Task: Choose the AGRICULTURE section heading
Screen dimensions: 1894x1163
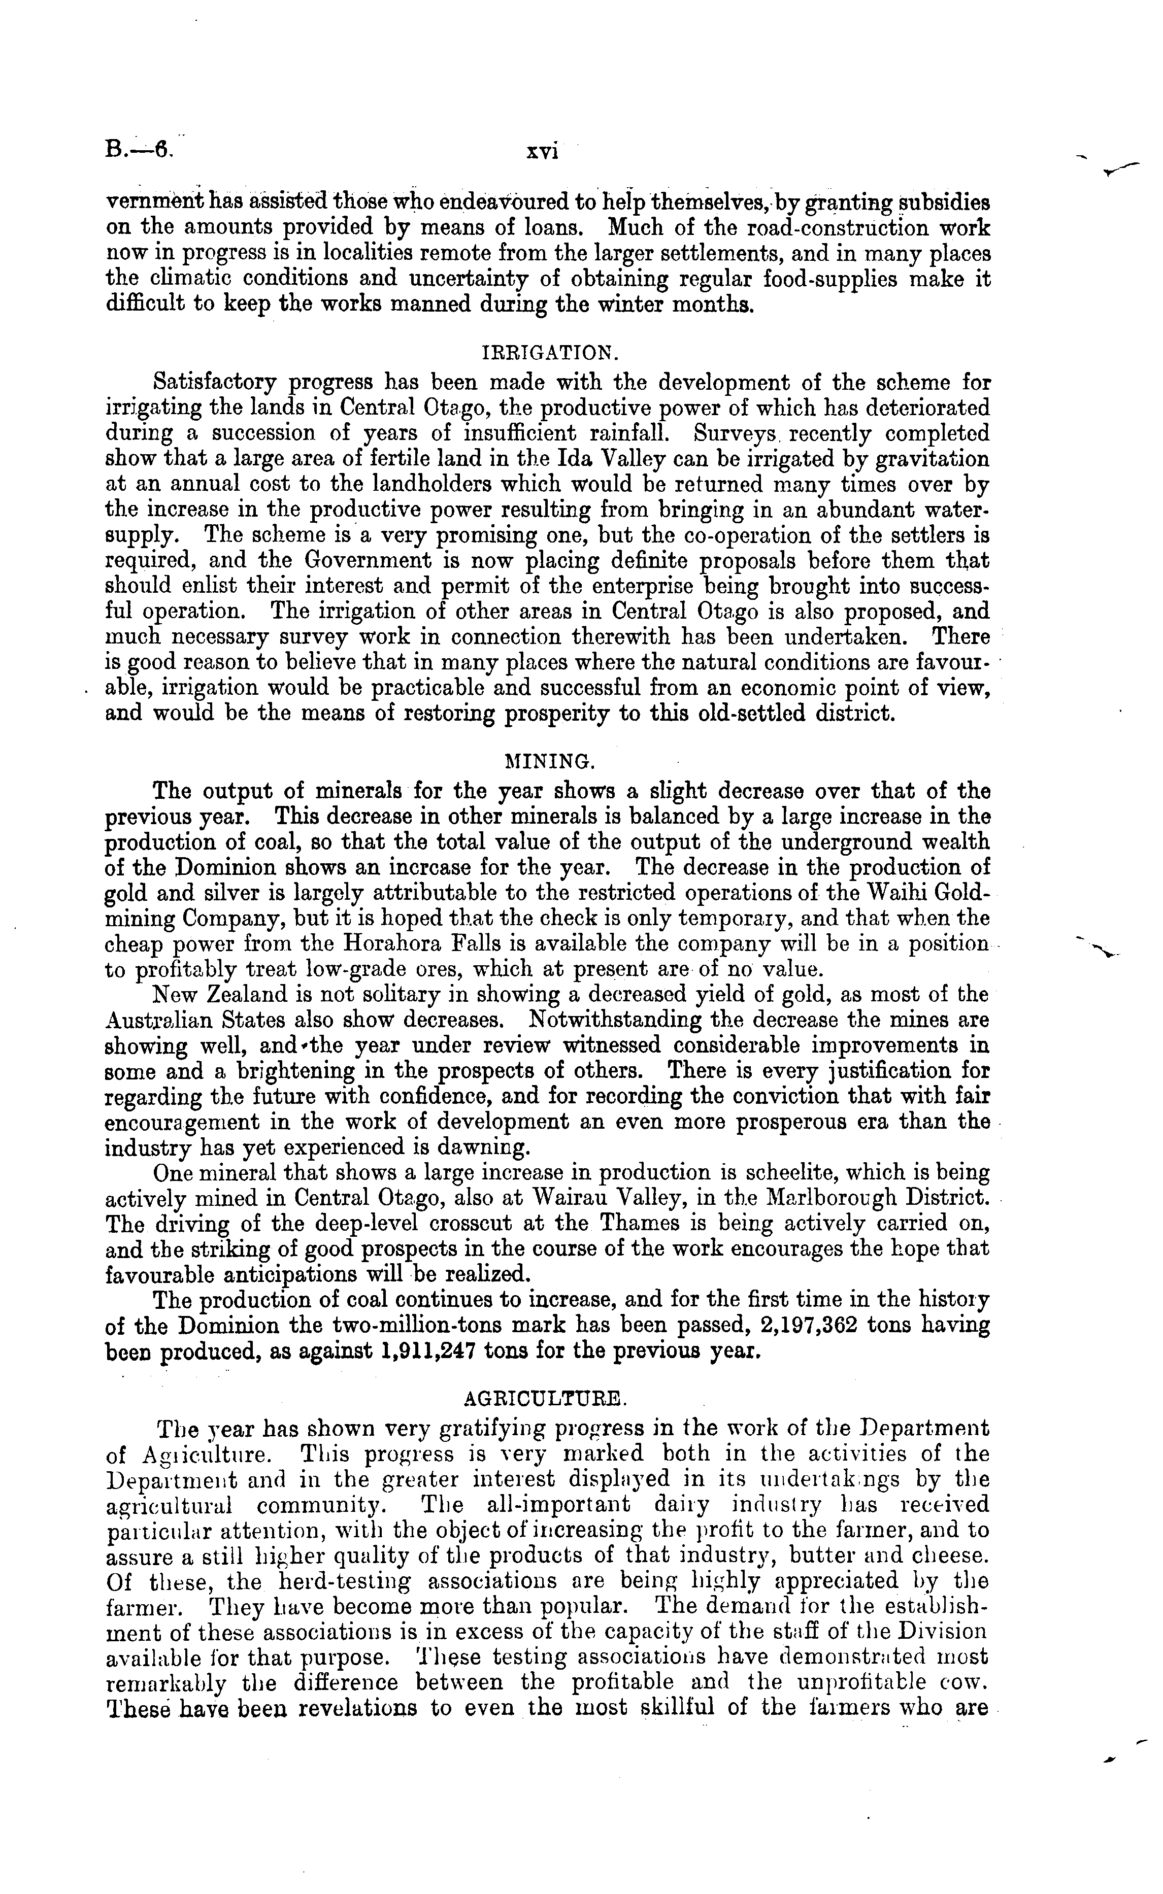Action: pos(549,1395)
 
